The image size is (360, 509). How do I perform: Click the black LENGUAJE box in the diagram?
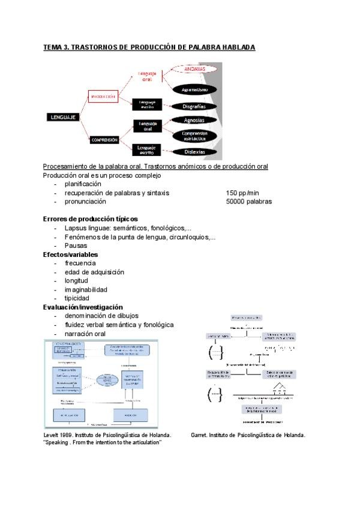[62, 118]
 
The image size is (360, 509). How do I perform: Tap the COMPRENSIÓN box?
[104, 139]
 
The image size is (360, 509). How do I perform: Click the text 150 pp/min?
[243, 193]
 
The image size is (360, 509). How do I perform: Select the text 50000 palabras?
[249, 202]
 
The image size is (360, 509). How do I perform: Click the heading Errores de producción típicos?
[91, 219]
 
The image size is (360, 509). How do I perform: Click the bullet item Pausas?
[76, 245]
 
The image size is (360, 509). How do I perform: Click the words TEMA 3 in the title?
[55, 47]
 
